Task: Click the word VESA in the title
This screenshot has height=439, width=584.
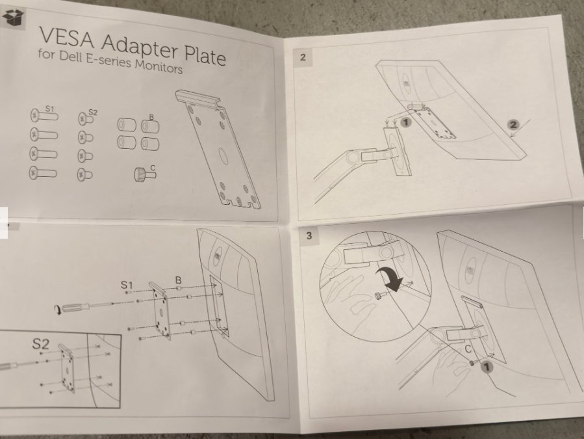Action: coord(67,37)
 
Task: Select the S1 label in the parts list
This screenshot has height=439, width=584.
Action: coord(49,109)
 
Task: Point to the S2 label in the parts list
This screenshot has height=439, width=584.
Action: coord(93,113)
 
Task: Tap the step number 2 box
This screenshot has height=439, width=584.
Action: coord(303,57)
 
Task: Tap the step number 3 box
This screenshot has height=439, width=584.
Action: coord(309,235)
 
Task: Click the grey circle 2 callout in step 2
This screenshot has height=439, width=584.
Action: coord(513,125)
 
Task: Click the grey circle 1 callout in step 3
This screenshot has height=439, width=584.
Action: coord(486,367)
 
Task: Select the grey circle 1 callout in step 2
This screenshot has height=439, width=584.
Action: coord(406,122)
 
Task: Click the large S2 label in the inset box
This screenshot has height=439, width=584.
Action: coord(40,343)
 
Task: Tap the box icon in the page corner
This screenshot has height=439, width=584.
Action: coord(12,18)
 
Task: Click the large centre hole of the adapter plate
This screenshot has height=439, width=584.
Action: coord(223,155)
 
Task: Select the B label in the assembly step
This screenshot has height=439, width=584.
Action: coord(179,280)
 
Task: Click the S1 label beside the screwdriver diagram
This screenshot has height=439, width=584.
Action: coord(127,285)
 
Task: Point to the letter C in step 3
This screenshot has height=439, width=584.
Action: coord(468,349)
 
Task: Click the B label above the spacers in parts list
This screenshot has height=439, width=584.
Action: coord(151,117)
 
